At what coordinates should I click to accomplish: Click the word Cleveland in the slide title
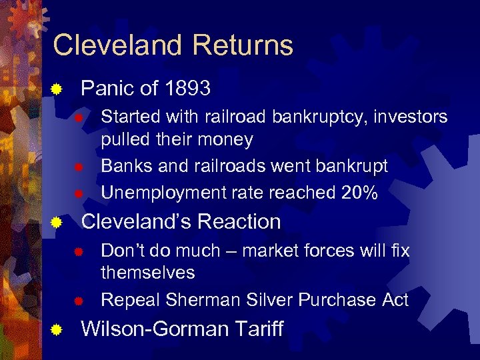pyautogui.click(x=115, y=45)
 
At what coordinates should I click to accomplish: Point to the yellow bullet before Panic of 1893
pyautogui.click(x=58, y=89)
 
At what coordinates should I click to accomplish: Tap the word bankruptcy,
pyautogui.click(x=320, y=117)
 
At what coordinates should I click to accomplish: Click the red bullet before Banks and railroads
pyautogui.click(x=78, y=167)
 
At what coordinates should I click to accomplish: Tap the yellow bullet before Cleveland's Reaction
pyautogui.click(x=58, y=222)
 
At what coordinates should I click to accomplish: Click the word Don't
pyautogui.click(x=123, y=251)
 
